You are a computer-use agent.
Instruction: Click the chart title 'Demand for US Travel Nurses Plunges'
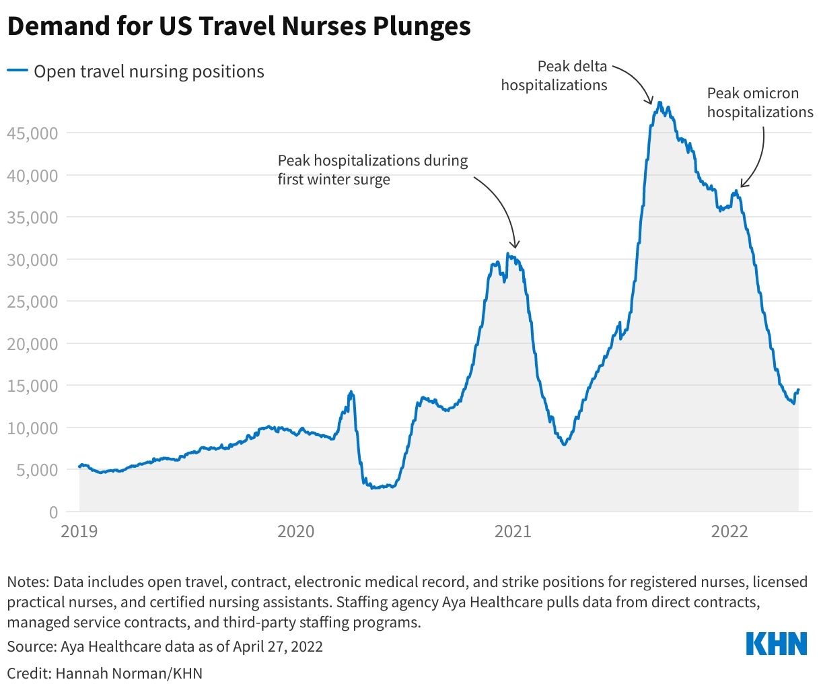click(x=239, y=27)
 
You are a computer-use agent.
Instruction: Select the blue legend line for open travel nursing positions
click(x=17, y=71)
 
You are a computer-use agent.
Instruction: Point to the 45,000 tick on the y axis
click(x=32, y=133)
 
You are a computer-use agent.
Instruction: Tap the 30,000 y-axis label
click(x=32, y=260)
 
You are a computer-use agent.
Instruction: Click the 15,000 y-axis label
click(x=32, y=386)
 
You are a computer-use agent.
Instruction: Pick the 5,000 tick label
click(x=35, y=470)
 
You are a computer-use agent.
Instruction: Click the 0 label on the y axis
click(x=52, y=512)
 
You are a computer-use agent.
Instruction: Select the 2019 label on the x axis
click(x=79, y=532)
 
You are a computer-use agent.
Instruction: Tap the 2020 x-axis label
click(x=296, y=532)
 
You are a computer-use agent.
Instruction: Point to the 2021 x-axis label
click(x=513, y=532)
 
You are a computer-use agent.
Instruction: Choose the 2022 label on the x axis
click(x=729, y=532)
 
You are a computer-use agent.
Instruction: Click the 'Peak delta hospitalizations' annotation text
click(x=555, y=75)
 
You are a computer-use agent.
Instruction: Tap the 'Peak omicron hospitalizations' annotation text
click(x=759, y=102)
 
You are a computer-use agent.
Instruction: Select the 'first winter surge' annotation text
click(x=334, y=180)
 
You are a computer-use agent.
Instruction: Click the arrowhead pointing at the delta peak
click(x=651, y=102)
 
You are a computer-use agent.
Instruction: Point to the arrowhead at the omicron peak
click(x=742, y=184)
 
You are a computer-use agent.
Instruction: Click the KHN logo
click(x=777, y=644)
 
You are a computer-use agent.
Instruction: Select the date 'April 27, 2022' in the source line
click(x=278, y=647)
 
